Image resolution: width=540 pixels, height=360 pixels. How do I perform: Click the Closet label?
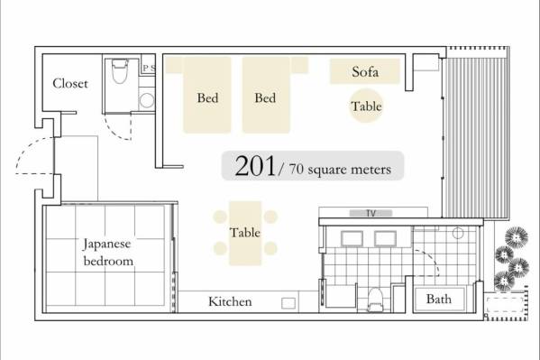coord(70,83)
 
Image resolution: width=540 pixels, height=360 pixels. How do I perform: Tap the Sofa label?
coord(365,71)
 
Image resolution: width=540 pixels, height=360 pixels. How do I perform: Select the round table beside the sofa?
coord(366,106)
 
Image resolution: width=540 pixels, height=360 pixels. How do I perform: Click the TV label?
coord(371,214)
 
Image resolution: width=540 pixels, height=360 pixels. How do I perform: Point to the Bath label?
coord(439,299)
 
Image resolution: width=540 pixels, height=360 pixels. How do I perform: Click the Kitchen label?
coord(230,301)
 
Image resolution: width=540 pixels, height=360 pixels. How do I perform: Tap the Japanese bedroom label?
coord(108,253)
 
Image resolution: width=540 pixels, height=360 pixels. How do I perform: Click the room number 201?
coord(255,166)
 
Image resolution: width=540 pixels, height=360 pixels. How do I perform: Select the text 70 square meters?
coord(340,170)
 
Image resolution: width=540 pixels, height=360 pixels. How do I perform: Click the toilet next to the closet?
coord(120,71)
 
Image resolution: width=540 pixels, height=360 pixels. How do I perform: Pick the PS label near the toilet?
coord(150,68)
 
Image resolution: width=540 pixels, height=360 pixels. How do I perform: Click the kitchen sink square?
coord(288,303)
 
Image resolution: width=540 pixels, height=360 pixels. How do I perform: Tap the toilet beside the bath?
coord(375,300)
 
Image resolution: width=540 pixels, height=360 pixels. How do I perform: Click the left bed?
coord(207,95)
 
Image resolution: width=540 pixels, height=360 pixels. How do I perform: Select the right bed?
coord(266,95)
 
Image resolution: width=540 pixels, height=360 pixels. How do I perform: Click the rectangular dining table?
coord(245,233)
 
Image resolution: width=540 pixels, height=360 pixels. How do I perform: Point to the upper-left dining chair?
coord(220,217)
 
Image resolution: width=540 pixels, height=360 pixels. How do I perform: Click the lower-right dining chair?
coord(270,248)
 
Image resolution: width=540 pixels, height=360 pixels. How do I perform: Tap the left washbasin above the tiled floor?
coord(352,238)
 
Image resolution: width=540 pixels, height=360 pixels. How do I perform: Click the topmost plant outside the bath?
coord(517,237)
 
